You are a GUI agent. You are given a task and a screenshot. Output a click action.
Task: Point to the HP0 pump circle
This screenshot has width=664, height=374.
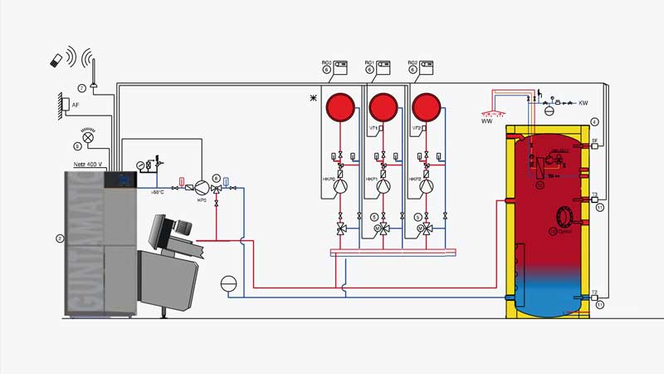coord(200,188)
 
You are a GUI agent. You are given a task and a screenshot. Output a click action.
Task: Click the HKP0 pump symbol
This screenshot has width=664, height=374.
coord(340,186)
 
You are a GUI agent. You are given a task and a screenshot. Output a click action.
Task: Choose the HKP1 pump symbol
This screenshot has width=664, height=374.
coord(383,186)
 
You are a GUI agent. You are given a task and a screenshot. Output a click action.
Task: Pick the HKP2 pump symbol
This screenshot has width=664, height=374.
coord(427,186)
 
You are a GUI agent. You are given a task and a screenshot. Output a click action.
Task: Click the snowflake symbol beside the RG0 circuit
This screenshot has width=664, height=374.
coord(313,98)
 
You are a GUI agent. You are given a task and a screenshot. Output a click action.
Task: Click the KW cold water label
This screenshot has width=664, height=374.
coord(583,103)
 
